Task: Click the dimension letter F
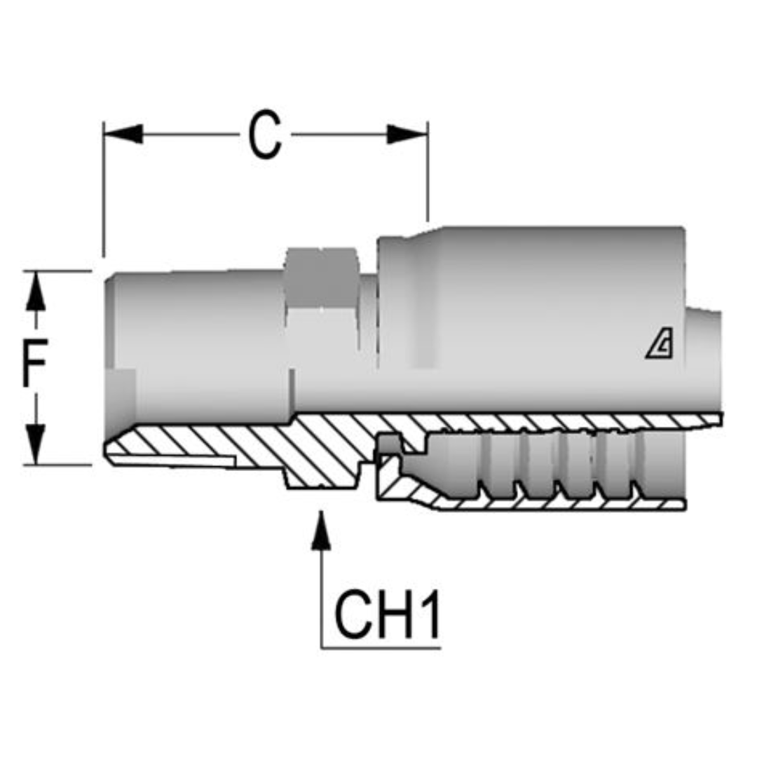[33, 365]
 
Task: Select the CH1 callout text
[386, 614]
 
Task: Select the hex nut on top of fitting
[322, 277]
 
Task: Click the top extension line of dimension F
[60, 271]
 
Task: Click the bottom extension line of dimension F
[60, 464]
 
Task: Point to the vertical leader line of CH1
[321, 596]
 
